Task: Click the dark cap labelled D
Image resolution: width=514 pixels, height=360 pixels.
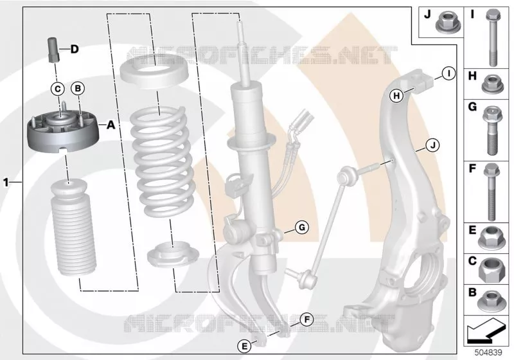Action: click(x=53, y=50)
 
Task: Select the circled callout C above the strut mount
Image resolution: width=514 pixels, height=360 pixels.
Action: click(x=58, y=89)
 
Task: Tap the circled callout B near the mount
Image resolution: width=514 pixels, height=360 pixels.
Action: click(x=78, y=88)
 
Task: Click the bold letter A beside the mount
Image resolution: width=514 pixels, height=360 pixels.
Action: click(x=111, y=125)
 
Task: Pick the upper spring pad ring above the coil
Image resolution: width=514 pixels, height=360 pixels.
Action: click(x=154, y=75)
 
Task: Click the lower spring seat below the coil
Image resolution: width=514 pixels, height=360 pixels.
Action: click(x=173, y=255)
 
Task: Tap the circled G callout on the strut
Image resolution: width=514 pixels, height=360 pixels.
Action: click(x=302, y=227)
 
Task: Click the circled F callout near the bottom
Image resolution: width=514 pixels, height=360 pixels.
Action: click(x=307, y=319)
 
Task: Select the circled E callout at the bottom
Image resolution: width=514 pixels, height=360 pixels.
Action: click(x=244, y=346)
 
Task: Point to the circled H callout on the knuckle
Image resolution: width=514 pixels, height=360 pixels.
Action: click(x=396, y=96)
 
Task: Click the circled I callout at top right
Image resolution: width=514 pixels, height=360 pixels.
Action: click(x=448, y=73)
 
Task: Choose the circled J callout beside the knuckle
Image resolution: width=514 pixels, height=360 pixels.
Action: click(x=432, y=145)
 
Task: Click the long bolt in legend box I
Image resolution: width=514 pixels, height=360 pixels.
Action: click(x=493, y=38)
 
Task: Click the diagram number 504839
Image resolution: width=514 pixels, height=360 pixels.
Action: click(x=488, y=353)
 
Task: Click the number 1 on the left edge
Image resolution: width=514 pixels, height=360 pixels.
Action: click(x=6, y=182)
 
